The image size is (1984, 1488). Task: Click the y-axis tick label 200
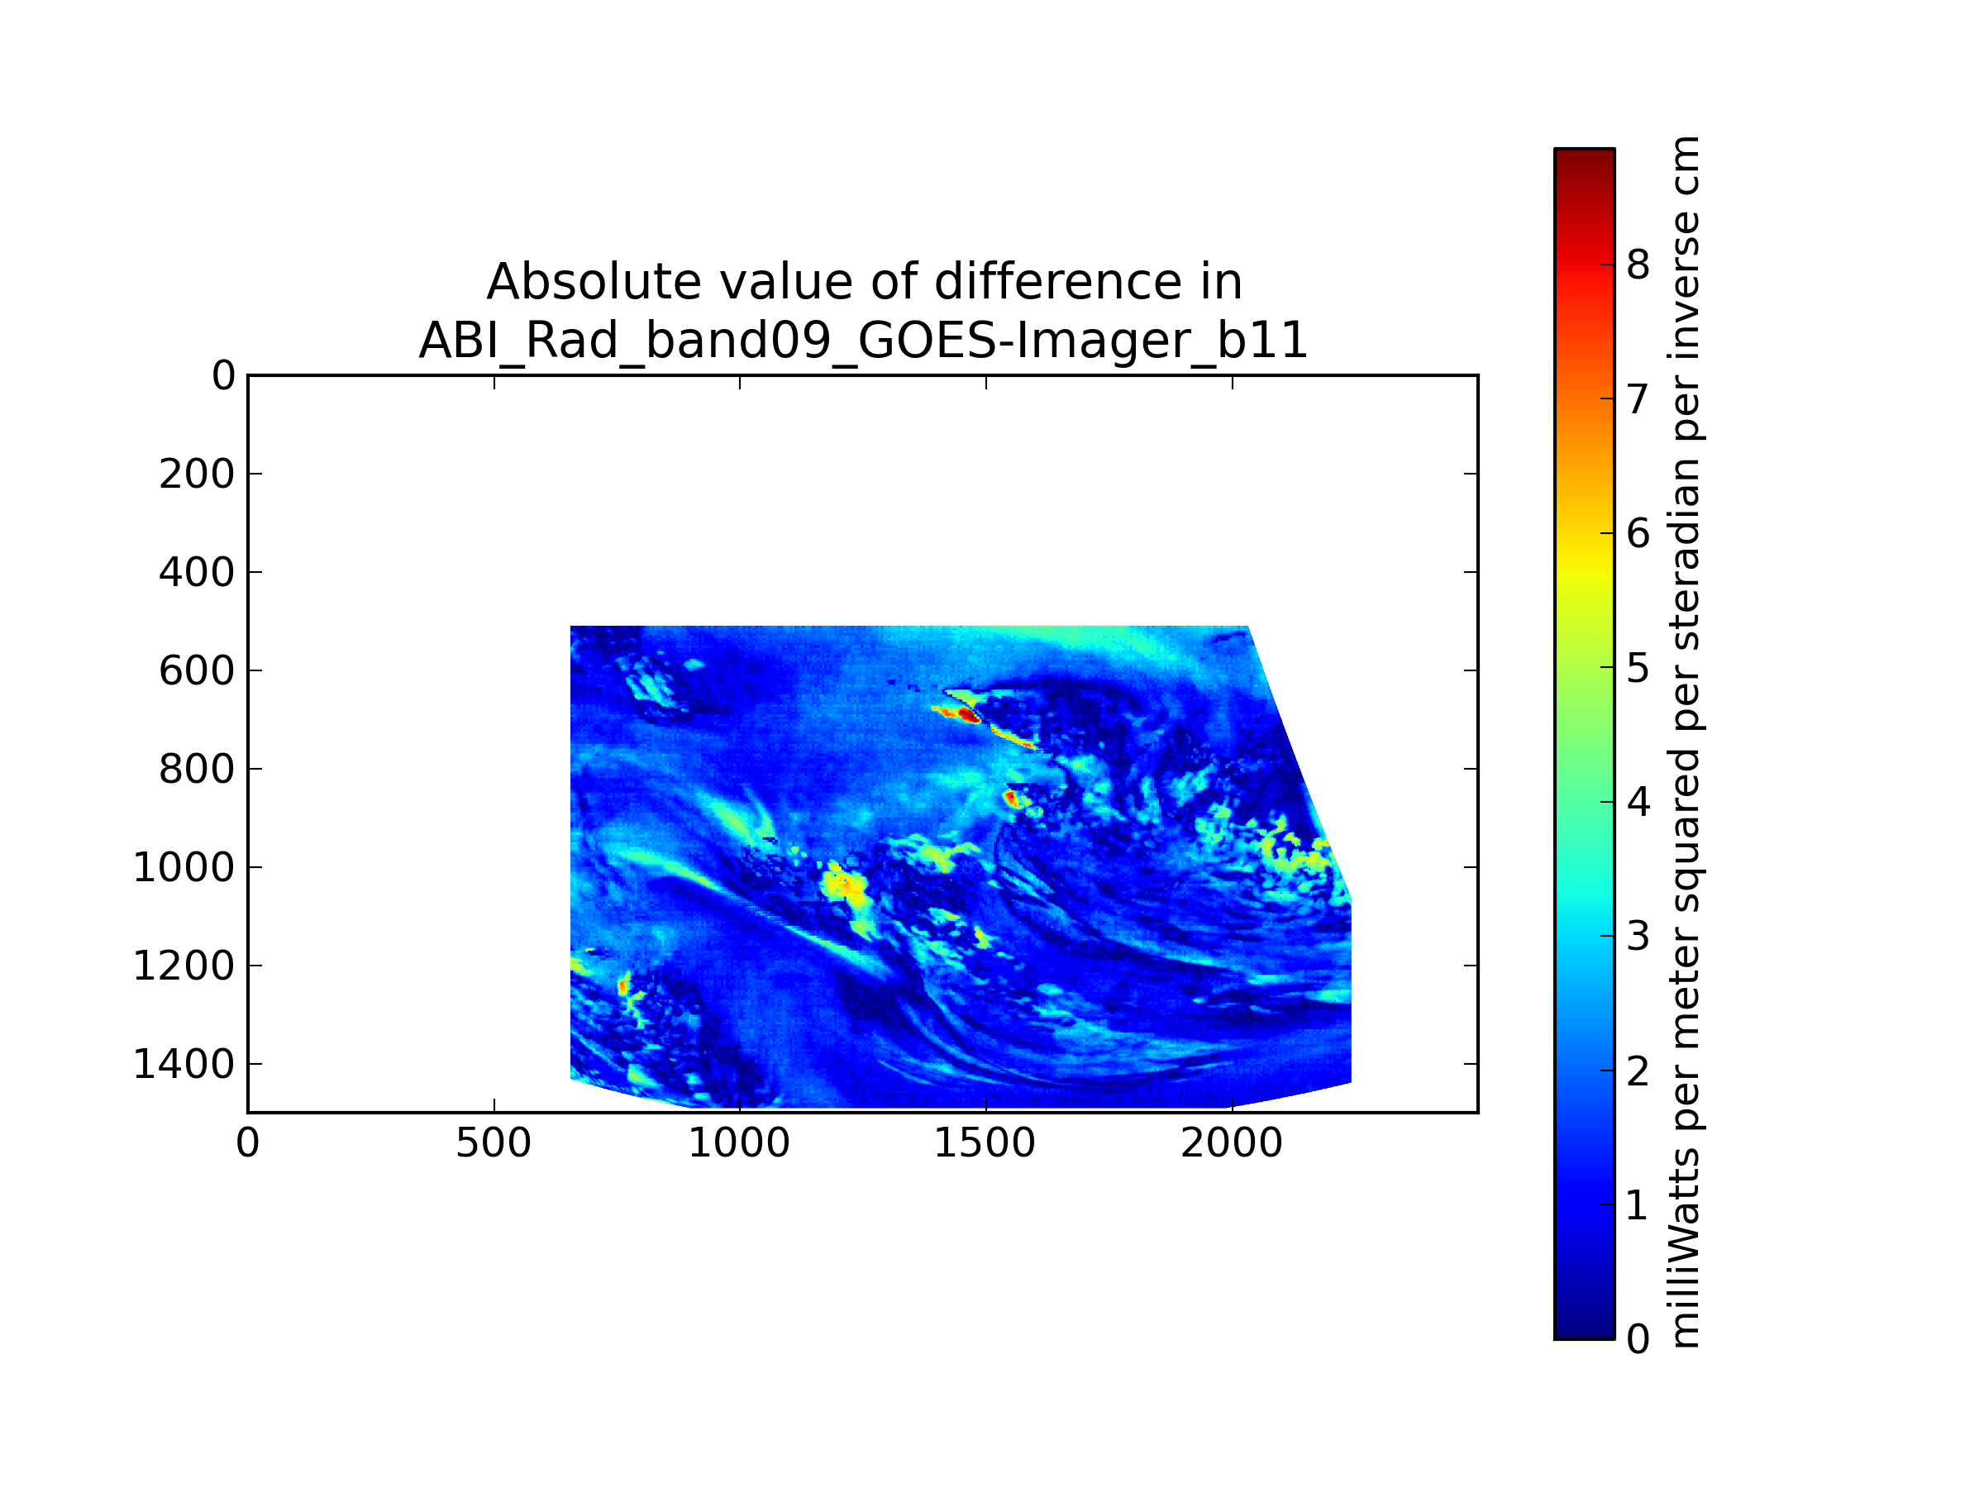click(197, 475)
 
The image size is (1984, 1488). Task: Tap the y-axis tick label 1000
click(184, 868)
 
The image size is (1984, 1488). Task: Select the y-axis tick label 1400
click(184, 1065)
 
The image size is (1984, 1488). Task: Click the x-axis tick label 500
click(494, 1143)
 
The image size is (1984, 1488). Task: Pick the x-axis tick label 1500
click(985, 1143)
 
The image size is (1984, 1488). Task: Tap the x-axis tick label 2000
click(1232, 1143)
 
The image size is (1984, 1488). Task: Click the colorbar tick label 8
click(1638, 265)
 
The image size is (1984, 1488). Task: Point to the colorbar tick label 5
click(1638, 668)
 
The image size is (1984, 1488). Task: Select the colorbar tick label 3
click(1638, 937)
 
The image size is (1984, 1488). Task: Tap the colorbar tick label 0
click(1638, 1339)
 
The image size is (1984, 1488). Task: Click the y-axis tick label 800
click(197, 770)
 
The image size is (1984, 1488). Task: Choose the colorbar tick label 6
click(1638, 534)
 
